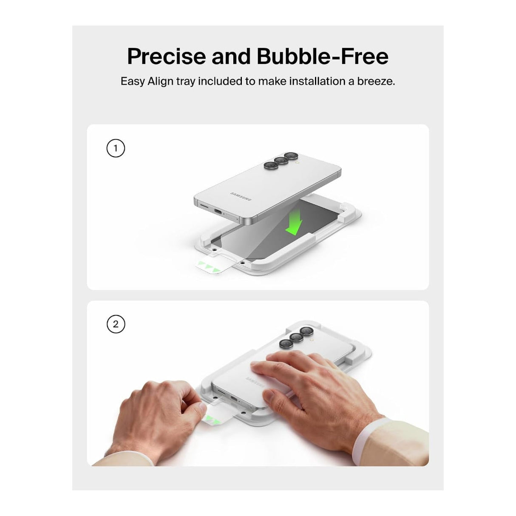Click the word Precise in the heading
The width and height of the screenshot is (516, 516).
click(x=167, y=56)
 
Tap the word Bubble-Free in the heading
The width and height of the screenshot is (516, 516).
click(x=323, y=56)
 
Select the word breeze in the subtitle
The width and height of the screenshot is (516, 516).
click(x=376, y=82)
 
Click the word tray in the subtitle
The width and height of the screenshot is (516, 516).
click(x=186, y=82)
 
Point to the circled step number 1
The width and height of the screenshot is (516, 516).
click(x=116, y=148)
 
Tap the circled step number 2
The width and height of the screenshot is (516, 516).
click(x=116, y=324)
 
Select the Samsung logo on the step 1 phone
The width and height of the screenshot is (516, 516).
click(x=241, y=196)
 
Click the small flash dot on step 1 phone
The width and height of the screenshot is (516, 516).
click(x=296, y=162)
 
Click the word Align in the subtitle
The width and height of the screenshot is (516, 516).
click(x=160, y=82)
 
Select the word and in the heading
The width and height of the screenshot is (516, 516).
click(x=231, y=56)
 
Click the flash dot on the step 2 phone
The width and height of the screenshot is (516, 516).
click(x=311, y=339)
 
